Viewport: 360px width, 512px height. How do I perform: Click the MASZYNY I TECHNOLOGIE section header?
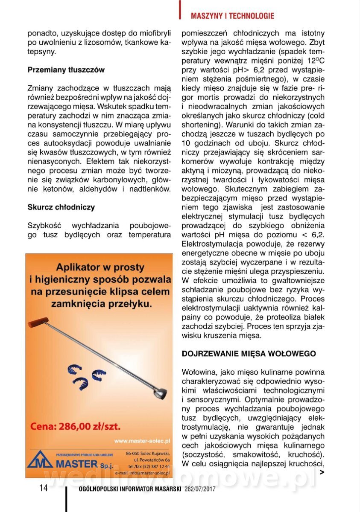coord(232,16)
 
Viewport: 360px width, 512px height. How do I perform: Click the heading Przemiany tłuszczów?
coord(66,69)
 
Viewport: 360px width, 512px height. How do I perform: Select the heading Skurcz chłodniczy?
coord(61,207)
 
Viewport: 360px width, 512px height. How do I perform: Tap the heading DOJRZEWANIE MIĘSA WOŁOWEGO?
coord(249,354)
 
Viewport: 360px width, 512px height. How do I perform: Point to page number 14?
coord(44,488)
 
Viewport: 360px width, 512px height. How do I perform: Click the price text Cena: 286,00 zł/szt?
coord(75,426)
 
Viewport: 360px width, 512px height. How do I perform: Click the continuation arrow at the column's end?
coord(322,472)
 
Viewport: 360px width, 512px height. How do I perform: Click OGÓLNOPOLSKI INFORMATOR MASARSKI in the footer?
coord(130,489)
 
